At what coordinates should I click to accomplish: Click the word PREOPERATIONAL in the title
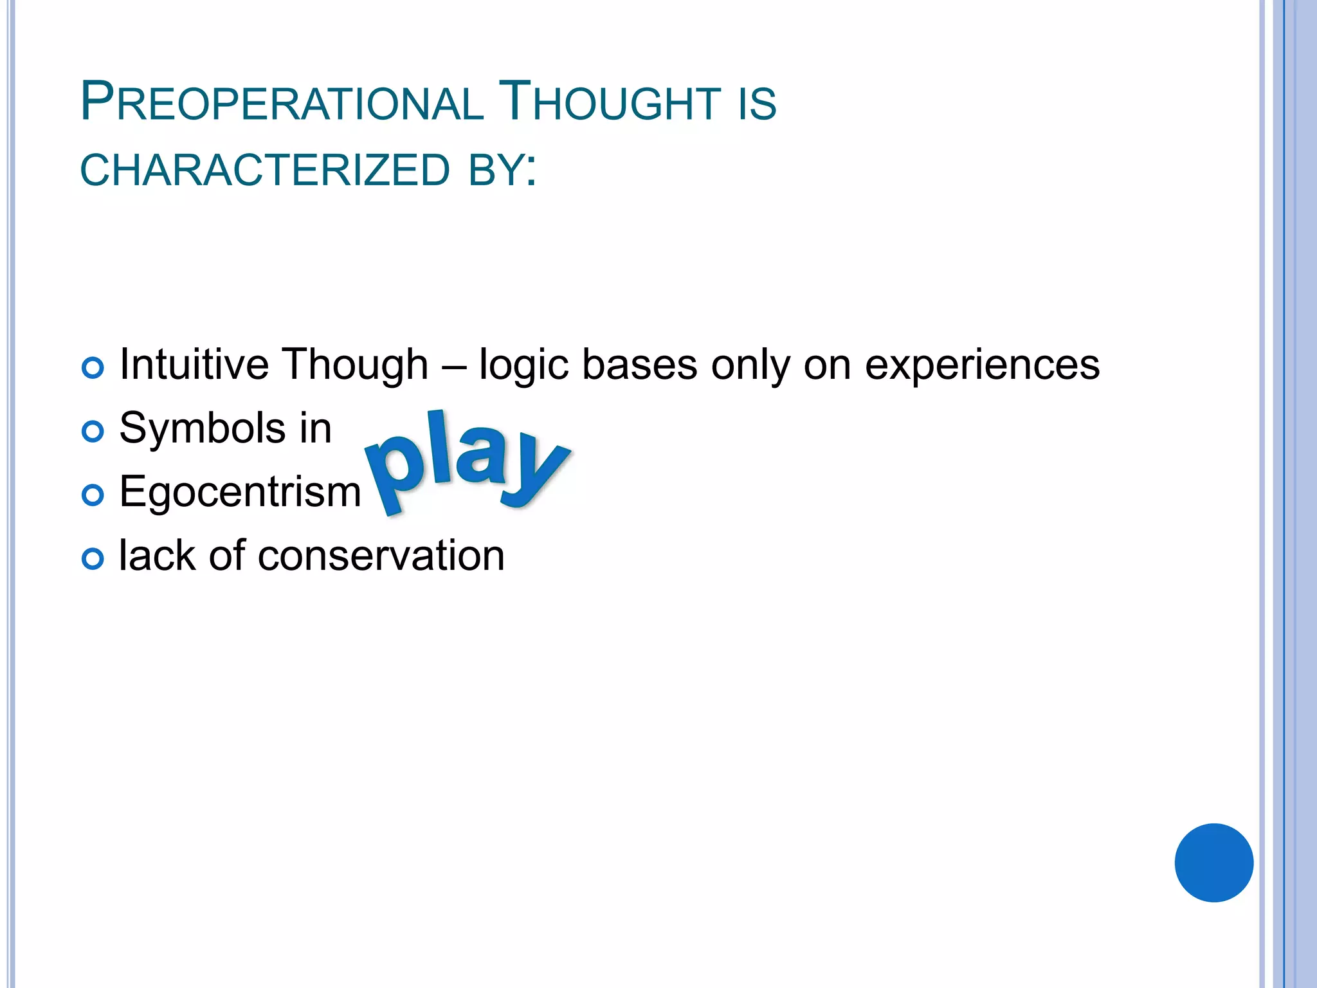click(282, 103)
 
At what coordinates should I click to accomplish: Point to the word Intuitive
click(194, 364)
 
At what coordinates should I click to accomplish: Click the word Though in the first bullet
click(355, 364)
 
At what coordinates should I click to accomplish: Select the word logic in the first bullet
click(524, 365)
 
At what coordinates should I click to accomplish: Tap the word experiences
click(982, 365)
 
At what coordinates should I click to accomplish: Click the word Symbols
click(202, 428)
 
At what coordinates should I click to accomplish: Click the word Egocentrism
click(240, 491)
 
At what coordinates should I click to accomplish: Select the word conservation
click(381, 556)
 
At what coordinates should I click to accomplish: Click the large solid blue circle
click(1213, 863)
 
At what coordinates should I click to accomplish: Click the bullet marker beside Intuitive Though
click(93, 368)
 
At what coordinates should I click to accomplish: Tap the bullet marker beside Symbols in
click(93, 432)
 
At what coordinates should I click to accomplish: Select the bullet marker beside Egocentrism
click(93, 495)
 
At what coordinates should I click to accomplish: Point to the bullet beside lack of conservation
click(93, 559)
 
